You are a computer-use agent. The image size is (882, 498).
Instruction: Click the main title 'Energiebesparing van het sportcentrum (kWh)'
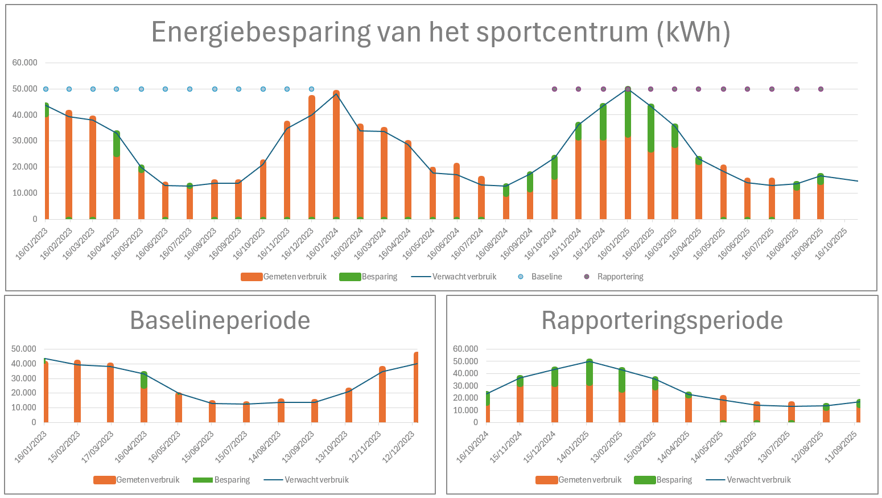(x=440, y=32)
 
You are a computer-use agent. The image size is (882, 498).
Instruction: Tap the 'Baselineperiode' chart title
(x=220, y=320)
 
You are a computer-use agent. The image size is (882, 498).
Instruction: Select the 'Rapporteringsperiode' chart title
(x=662, y=320)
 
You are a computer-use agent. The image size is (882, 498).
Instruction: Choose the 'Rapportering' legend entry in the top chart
(x=620, y=277)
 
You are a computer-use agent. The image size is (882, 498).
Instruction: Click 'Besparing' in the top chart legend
(x=379, y=277)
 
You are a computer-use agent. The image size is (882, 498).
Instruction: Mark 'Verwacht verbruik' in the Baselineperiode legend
(x=316, y=480)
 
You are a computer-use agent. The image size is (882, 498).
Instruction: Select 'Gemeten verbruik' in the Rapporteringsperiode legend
(x=590, y=480)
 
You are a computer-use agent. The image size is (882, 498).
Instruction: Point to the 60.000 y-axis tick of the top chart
(x=25, y=63)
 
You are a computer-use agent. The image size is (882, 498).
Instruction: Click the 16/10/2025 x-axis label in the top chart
(x=832, y=244)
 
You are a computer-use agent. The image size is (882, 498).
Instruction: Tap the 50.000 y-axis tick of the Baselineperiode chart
(x=24, y=349)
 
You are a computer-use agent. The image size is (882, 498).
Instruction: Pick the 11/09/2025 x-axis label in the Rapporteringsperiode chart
(x=844, y=447)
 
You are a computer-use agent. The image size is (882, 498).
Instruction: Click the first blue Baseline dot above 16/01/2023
(x=46, y=89)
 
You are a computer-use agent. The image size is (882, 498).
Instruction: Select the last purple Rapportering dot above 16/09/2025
(x=821, y=89)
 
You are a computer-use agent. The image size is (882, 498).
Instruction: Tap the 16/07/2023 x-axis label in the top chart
(x=176, y=244)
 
